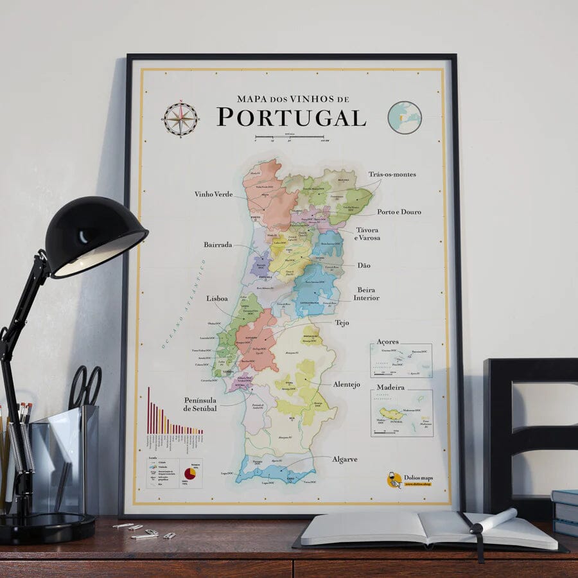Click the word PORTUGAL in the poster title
tap(291, 118)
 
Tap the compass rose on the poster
tap(180, 119)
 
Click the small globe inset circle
tap(405, 118)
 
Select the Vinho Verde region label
tap(213, 194)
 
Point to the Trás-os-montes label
tap(392, 174)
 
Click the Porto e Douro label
tap(399, 211)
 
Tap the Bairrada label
tap(218, 245)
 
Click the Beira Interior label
tap(366, 293)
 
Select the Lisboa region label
tap(217, 299)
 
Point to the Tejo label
tap(342, 322)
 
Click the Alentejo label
tap(346, 384)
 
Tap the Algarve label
tap(344, 459)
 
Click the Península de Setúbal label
tap(200, 404)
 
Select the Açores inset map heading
tap(387, 342)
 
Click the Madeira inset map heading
tap(390, 387)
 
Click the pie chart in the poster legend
tap(190, 473)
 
